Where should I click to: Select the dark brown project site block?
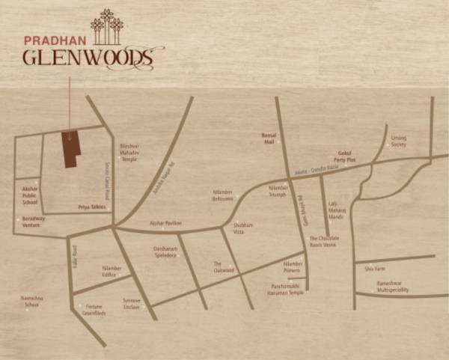click(70, 148)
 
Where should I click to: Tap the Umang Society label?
click(398, 141)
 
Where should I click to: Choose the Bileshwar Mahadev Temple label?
click(129, 153)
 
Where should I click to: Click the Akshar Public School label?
click(30, 196)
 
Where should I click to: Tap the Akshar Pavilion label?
click(166, 223)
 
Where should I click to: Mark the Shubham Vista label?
click(244, 228)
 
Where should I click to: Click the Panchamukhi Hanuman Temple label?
click(288, 290)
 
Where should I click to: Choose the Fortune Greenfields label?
click(95, 310)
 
